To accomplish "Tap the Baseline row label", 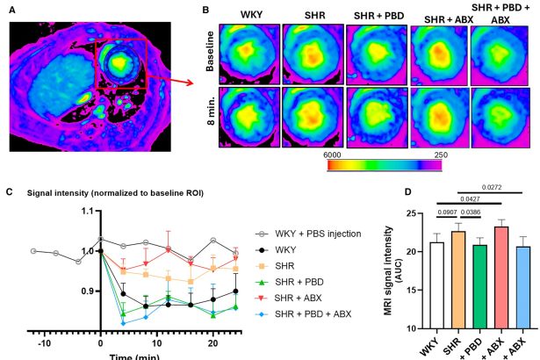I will pos(210,51).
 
